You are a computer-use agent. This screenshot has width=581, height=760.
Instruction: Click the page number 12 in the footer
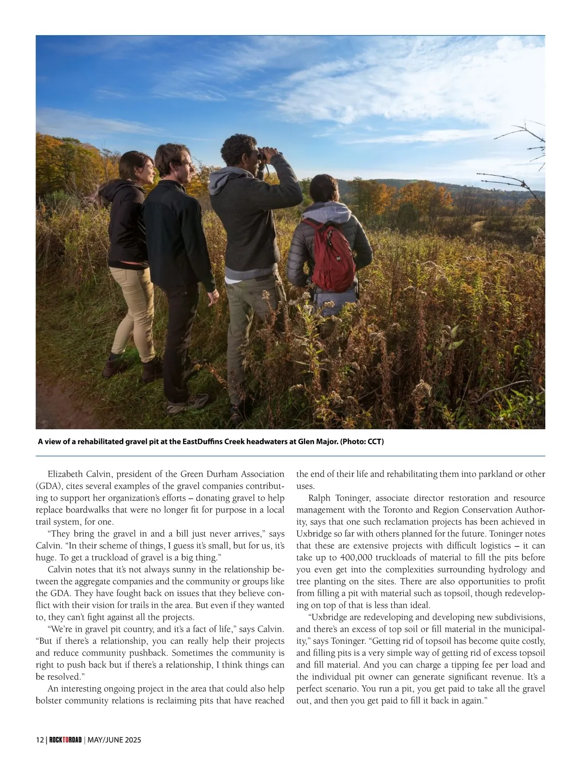(40, 740)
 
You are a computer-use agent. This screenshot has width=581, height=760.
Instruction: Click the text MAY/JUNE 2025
(114, 740)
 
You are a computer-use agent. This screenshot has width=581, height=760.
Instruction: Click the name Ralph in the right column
(320, 498)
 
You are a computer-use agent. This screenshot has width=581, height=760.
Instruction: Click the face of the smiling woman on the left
(146, 170)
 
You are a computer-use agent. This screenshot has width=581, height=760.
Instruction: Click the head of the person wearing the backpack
(324, 189)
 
